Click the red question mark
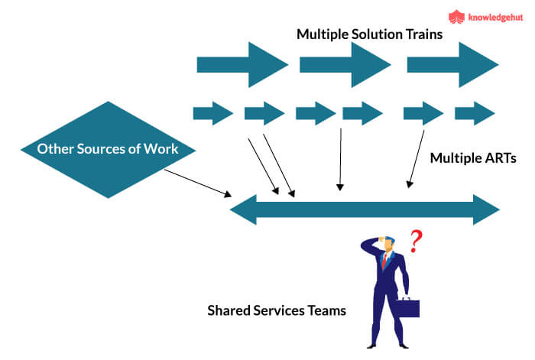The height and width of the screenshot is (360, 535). tap(416, 242)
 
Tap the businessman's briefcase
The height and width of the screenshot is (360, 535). tap(407, 308)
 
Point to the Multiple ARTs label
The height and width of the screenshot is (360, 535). tap(473, 158)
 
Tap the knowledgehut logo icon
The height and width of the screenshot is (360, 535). tap(456, 16)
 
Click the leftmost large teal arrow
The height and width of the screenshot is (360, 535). tap(242, 65)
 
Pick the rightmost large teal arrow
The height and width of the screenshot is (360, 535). tap(452, 65)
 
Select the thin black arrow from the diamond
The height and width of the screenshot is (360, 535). tap(197, 182)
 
